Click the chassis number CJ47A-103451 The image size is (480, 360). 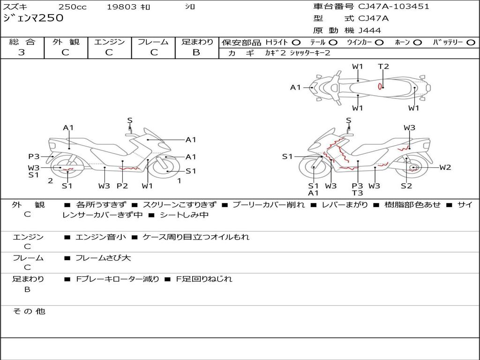coord(394,7)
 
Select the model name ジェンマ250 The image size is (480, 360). coord(33,18)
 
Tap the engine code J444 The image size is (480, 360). coord(369,30)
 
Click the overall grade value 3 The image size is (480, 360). coord(22,52)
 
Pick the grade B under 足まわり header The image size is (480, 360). coord(196,52)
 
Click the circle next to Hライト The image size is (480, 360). coord(296,43)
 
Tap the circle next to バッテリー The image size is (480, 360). coord(471,43)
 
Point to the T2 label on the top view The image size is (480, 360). coord(383,67)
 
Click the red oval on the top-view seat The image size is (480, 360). coord(380,87)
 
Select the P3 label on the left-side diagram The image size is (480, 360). coord(34,157)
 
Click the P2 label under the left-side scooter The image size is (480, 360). coord(122,186)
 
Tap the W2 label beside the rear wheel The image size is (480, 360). coord(445,167)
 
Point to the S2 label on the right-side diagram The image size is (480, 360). coord(406,186)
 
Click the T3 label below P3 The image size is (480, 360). coord(357,193)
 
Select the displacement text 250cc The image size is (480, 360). coord(73,7)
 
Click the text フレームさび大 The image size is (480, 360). coord(103,258)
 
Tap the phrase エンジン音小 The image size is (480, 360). coord(101,237)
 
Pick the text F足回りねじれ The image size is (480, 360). coord(204,279)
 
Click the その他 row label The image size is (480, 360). coord(29,311)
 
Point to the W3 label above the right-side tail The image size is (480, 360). coord(409,127)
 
